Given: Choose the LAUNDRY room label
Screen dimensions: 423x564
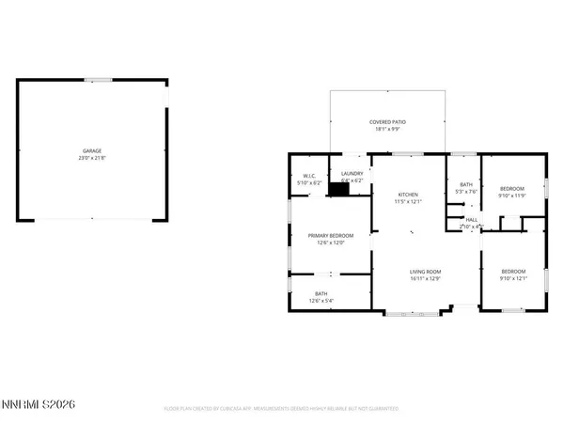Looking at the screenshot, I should click(x=352, y=174).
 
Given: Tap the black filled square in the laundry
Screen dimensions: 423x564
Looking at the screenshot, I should click(x=337, y=188).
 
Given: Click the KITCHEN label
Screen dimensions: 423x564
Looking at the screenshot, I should click(x=407, y=195).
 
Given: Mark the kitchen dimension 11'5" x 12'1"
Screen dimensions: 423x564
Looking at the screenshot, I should click(x=407, y=202).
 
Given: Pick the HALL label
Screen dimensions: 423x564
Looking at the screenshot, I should click(x=471, y=219).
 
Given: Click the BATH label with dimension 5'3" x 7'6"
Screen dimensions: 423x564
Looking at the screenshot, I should click(x=464, y=183).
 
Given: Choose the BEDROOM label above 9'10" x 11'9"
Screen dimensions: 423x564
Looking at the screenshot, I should click(x=511, y=188).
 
